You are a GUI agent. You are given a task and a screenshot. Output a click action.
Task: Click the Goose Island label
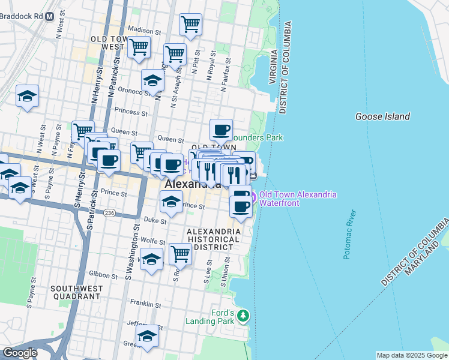coord(382,117)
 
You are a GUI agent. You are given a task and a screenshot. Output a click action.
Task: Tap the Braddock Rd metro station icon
coord(49,17)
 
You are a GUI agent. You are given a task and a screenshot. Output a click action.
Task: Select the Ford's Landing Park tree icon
coord(243,316)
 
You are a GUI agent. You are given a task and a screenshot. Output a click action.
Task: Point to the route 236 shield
coord(109,213)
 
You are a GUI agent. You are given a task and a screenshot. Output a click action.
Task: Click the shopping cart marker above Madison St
coord(190,25)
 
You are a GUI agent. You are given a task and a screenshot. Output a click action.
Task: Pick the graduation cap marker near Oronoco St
coord(152,81)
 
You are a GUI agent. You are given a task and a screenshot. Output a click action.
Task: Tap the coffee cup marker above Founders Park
coord(221,129)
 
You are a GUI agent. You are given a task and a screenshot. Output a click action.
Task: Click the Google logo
coord(20,353)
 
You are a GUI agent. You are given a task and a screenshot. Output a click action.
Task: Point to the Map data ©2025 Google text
coord(411,355)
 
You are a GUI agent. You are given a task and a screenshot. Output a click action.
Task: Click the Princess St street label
coord(131,112)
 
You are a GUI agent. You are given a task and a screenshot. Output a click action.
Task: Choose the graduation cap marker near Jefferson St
coord(147,338)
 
